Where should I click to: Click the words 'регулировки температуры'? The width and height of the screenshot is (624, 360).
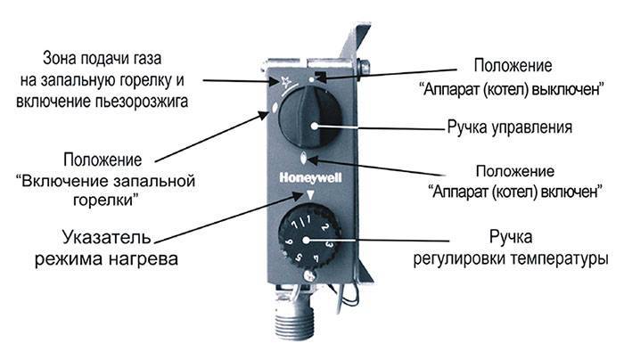[x=510, y=258]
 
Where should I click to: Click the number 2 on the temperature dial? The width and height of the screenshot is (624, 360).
[x=326, y=235]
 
